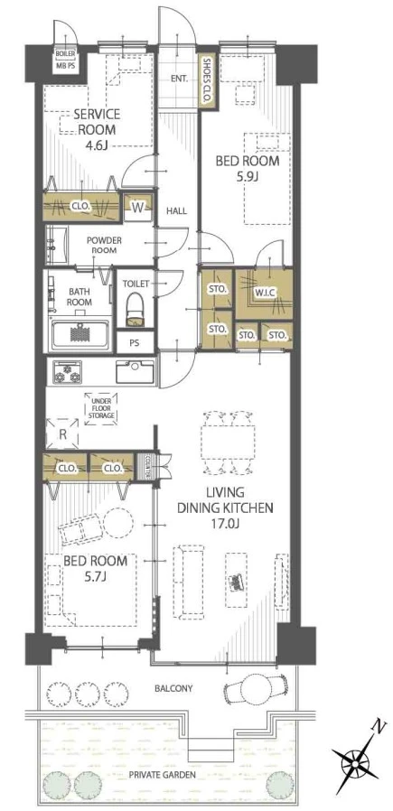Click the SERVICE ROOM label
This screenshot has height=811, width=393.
click(x=97, y=122)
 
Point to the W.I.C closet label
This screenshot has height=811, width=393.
click(x=264, y=293)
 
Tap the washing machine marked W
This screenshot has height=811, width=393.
click(x=138, y=208)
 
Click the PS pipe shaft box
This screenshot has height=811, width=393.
click(x=135, y=342)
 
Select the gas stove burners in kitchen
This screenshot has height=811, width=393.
click(x=65, y=371)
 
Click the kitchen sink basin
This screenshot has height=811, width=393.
click(x=135, y=371)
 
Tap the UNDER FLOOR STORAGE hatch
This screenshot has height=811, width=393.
click(x=101, y=408)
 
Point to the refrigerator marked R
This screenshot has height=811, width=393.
click(x=62, y=434)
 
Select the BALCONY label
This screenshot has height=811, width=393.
click(x=173, y=688)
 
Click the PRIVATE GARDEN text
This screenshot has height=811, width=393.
click(x=163, y=774)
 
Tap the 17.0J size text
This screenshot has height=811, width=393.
click(x=224, y=524)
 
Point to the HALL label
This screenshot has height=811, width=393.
click(x=176, y=210)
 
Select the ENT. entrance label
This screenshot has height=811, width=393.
click(x=179, y=79)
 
